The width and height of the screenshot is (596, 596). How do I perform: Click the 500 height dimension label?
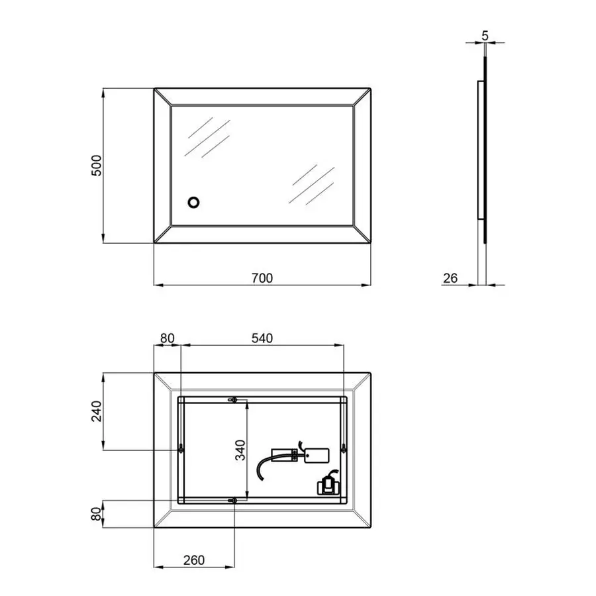[x=96, y=166]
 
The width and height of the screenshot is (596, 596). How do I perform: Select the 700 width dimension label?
[x=262, y=278]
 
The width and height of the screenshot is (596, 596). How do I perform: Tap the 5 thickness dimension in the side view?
[x=485, y=36]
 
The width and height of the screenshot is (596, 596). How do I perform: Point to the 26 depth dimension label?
[x=450, y=278]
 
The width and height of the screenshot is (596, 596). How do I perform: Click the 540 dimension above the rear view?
[x=262, y=338]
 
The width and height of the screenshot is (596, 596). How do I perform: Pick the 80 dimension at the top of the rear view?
[x=166, y=338]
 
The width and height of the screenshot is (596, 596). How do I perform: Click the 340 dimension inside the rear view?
[x=241, y=450]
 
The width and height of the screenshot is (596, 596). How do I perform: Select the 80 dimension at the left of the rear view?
[x=96, y=514]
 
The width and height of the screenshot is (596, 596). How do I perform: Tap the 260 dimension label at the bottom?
[x=193, y=560]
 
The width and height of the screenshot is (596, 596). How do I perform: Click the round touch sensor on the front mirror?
[x=194, y=202]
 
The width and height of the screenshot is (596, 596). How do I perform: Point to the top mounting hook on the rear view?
[x=233, y=400]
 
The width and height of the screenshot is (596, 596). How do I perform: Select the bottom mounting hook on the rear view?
[x=233, y=500]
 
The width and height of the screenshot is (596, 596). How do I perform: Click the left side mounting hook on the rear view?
[x=181, y=450]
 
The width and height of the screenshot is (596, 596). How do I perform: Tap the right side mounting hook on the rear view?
[x=344, y=450]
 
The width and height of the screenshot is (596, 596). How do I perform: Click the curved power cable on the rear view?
[x=265, y=464]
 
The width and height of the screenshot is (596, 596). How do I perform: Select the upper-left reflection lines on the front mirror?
[x=209, y=137]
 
